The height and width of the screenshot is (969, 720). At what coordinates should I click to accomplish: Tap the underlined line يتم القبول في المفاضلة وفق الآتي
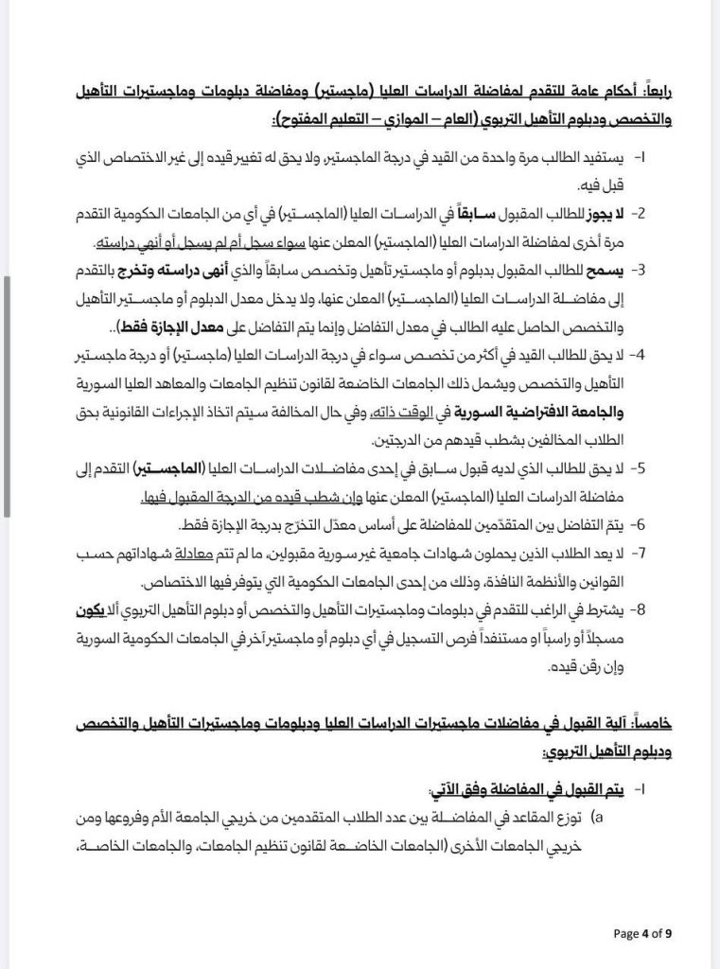tap(539, 789)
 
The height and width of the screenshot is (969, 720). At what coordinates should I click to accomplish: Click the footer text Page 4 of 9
tap(643, 933)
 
